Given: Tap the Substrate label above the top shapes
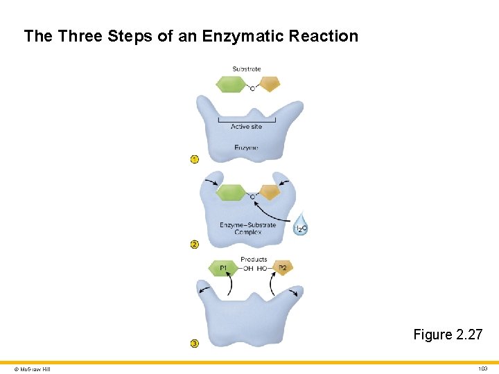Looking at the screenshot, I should tap(247, 69).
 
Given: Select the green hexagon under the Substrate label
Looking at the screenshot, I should tap(231, 84).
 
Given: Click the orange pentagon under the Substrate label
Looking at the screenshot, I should tap(270, 83).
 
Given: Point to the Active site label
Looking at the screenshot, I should tap(246, 127).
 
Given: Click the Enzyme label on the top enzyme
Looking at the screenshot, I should tap(246, 148).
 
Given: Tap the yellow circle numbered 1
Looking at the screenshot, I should tap(195, 159).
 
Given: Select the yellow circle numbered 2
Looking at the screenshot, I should tap(195, 244).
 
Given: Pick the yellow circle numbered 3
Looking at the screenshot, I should tap(195, 343).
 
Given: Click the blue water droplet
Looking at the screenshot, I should tap(301, 226).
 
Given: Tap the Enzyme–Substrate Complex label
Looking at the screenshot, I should tap(247, 228).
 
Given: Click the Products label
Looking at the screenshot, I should tap(254, 260).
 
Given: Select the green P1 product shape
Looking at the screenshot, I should tap(223, 268).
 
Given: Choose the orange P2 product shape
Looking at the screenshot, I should tap(283, 267).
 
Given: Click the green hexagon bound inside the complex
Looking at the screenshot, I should tap(231, 193).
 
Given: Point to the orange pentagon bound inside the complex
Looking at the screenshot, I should tap(270, 192).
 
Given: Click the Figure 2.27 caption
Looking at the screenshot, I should tap(448, 335).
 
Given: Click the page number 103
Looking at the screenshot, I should tap(482, 369).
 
